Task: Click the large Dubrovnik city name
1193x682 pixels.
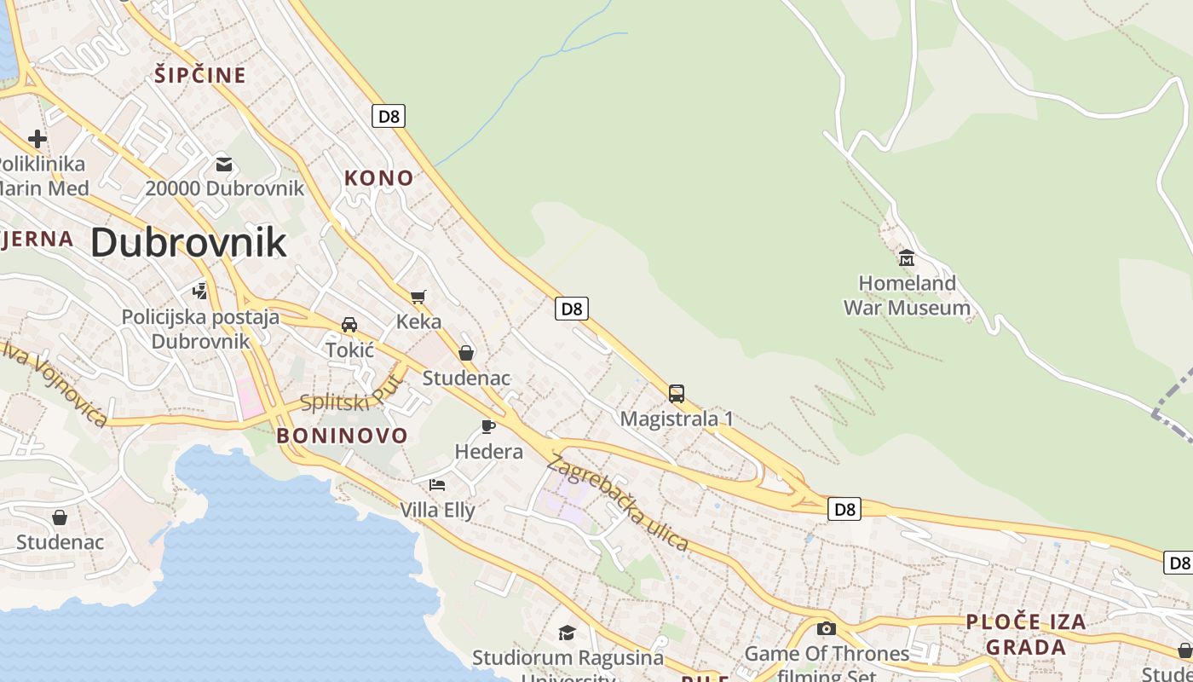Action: (188, 243)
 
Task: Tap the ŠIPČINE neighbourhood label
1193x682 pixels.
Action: (200, 75)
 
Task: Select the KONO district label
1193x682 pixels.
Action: (378, 178)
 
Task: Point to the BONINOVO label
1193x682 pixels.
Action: (343, 436)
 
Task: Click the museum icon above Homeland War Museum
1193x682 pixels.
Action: (907, 257)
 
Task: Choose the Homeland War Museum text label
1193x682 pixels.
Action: (907, 295)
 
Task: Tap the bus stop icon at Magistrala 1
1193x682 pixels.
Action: (677, 394)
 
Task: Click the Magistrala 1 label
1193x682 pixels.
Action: (677, 419)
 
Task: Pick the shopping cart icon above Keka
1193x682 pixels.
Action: (418, 297)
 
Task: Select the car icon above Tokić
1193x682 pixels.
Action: (349, 325)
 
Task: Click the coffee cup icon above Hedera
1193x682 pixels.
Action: (488, 426)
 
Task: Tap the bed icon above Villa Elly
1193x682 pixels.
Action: (437, 485)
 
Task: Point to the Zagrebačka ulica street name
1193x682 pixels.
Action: (617, 503)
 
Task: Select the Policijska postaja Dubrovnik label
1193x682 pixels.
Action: (200, 329)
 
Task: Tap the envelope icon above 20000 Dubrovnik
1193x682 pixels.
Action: (224, 164)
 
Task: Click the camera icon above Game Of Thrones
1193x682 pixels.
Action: (826, 629)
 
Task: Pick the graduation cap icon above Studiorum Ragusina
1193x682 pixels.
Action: (567, 633)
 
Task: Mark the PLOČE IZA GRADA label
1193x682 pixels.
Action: (1026, 633)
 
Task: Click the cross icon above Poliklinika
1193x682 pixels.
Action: (37, 138)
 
